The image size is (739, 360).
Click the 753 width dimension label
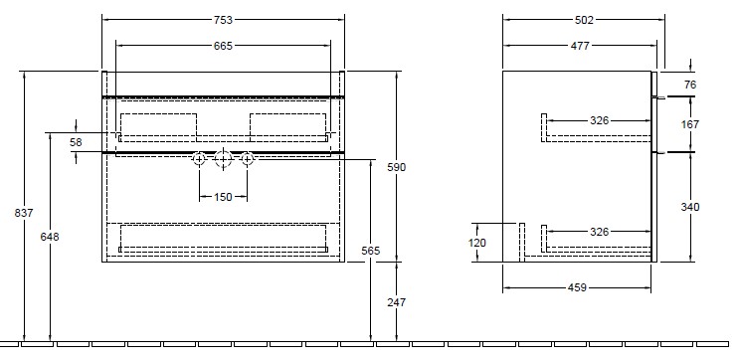223,20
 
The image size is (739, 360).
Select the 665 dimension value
223,46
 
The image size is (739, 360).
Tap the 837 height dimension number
24,213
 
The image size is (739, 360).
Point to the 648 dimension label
50,237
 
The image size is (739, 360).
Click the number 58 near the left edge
76,142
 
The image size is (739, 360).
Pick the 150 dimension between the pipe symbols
223,197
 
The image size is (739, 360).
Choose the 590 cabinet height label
397,167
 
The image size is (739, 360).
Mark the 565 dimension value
370,251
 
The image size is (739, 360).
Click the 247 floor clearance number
397,302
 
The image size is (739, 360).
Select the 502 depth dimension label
584,20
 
